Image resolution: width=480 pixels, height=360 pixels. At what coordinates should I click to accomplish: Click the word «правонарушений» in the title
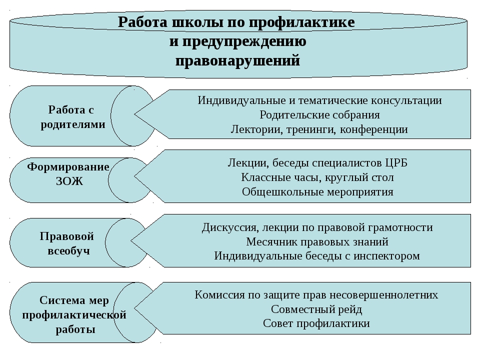coord(237,60)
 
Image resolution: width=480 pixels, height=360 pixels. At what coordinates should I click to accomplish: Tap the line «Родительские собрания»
coord(319,115)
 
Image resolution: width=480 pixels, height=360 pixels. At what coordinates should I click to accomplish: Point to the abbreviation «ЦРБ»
coord(396,163)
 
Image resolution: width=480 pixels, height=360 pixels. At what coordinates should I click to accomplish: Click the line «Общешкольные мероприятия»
coord(317,192)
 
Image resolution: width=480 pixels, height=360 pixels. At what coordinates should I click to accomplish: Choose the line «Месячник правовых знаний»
coord(317,242)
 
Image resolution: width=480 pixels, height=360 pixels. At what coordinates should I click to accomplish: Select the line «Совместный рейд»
coord(316,309)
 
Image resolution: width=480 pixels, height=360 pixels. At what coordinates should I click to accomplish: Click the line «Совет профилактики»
coord(316,323)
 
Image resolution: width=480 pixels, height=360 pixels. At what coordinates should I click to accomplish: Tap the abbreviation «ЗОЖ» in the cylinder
coord(69,181)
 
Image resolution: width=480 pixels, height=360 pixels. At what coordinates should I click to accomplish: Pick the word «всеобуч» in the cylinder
coord(69,251)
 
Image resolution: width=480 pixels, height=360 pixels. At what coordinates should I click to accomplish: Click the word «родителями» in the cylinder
coord(73,124)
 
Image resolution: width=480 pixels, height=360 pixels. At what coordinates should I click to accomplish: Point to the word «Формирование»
coord(68,167)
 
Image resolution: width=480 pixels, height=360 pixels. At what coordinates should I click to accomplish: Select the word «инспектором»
coord(386,256)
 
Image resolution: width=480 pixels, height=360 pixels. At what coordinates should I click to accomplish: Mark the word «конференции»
coord(374,129)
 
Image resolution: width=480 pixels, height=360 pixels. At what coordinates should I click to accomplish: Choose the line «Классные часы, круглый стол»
coord(317,177)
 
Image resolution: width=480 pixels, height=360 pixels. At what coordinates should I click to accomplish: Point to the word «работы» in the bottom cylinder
coord(75,329)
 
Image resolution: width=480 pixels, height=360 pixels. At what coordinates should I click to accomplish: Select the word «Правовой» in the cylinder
coord(66,236)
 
